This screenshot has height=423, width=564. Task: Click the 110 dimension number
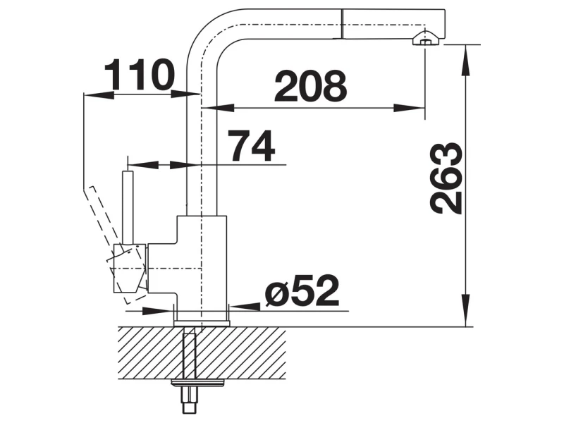point(139,75)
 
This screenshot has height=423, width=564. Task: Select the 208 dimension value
point(310,86)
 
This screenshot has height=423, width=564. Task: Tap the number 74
point(252,146)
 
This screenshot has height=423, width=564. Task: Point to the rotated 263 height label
point(446,178)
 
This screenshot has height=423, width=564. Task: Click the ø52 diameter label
point(302,290)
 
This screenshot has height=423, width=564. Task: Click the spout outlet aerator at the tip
point(426,39)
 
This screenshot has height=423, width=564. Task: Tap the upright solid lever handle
point(128,207)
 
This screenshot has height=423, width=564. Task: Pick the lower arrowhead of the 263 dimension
point(466,310)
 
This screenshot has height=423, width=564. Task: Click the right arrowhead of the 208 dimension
point(409,108)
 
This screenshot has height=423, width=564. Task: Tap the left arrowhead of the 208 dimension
point(219,108)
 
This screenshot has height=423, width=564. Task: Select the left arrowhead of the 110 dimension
point(99,94)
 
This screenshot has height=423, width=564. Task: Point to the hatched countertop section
point(202,352)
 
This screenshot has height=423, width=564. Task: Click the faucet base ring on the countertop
point(202,322)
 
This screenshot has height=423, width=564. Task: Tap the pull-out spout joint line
point(342,23)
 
